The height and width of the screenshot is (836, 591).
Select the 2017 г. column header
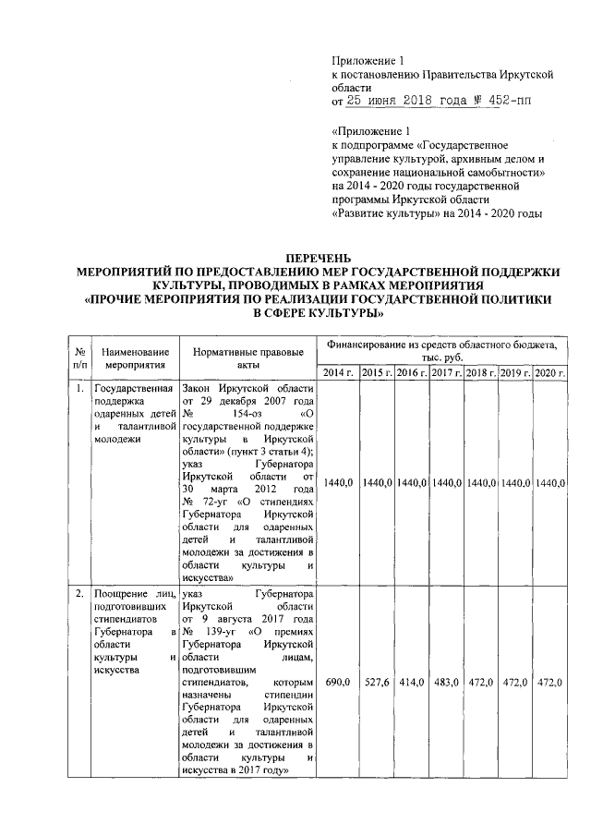coord(447,372)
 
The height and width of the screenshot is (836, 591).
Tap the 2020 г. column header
coord(550,372)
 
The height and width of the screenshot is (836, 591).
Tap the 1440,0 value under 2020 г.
coord(550,481)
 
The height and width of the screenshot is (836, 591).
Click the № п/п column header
coord(80,358)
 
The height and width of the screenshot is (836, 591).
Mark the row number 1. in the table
coord(80,388)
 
